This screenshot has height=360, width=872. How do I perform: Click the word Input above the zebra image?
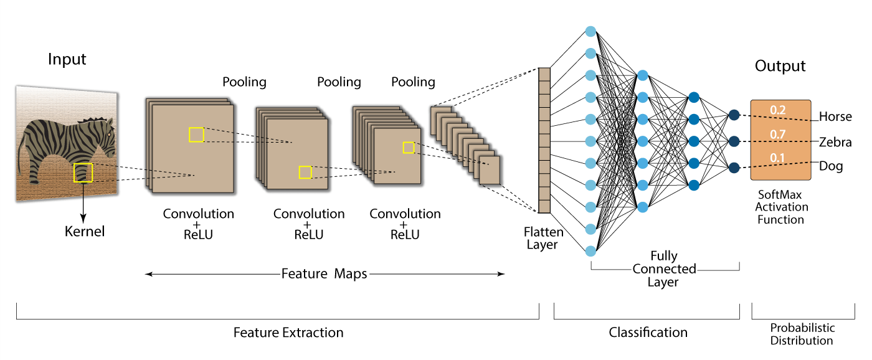67,60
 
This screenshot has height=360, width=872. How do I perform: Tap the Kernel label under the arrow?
85,232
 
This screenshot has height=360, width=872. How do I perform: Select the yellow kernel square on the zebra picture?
83,173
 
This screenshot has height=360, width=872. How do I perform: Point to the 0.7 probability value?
777,135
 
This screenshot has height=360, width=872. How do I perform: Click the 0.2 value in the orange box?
777,110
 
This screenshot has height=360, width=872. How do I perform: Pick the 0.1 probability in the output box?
777,158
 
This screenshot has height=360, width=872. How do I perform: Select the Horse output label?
835,116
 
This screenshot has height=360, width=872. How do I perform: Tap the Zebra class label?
835,142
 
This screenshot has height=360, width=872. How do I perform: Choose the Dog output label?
831,166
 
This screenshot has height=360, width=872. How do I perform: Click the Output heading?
780,66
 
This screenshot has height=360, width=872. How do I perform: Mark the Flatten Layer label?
543,238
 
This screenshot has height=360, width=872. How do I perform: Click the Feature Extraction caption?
288,333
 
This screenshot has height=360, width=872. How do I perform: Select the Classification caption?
648,333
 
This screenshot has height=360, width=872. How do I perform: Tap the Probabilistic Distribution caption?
802,334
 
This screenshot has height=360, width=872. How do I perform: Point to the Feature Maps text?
324,273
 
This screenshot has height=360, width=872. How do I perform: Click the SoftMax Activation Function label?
781,207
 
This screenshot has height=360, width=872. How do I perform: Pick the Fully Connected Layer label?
664,268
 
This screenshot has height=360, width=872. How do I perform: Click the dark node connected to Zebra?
734,141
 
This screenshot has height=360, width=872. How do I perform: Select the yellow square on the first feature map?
196,135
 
